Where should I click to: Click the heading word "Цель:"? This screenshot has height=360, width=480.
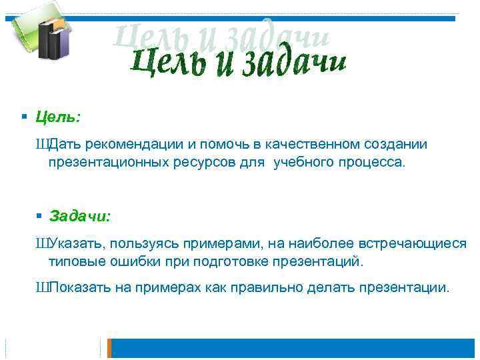pyautogui.click(x=58, y=117)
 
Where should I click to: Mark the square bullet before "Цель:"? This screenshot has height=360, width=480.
pyautogui.click(x=24, y=117)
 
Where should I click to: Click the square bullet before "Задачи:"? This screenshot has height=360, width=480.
pyautogui.click(x=39, y=216)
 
